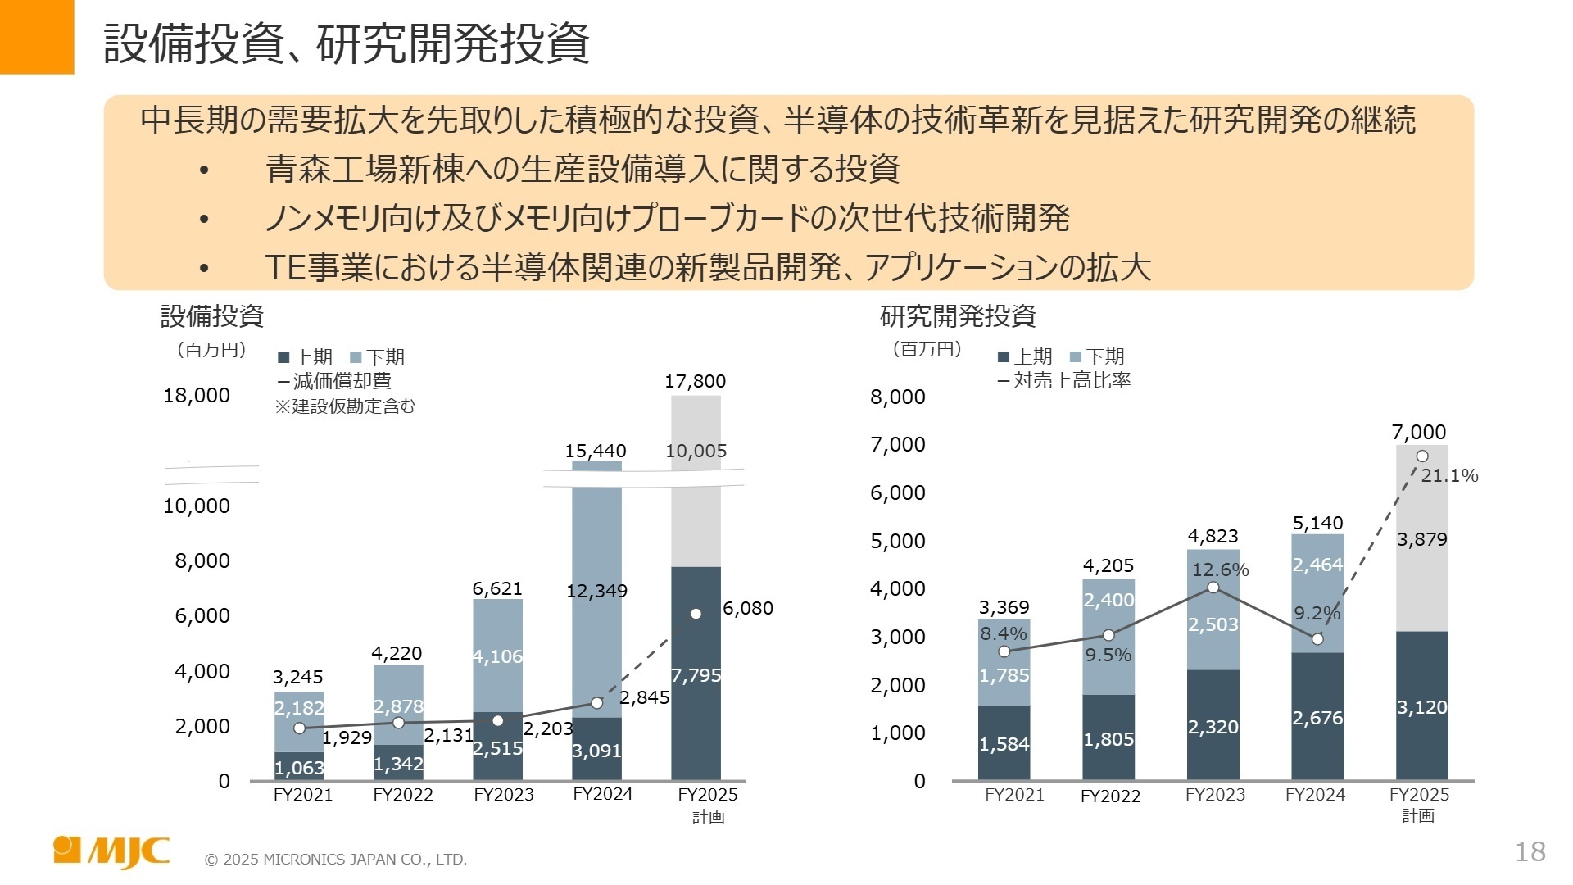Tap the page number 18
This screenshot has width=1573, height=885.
tap(1530, 852)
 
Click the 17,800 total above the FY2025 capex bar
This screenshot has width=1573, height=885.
tap(695, 381)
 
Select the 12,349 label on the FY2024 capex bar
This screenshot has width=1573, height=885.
tap(596, 591)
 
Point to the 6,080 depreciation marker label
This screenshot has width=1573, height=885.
tap(747, 608)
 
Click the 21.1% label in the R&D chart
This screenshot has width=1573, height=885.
tap(1448, 475)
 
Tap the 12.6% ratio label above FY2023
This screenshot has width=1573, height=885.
tap(1220, 570)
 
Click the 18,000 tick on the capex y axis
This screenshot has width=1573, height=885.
tap(197, 395)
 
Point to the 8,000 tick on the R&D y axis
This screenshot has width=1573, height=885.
tap(897, 397)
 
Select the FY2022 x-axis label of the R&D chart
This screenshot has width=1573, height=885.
tap(1110, 796)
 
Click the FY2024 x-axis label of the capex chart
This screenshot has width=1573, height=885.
tap(602, 794)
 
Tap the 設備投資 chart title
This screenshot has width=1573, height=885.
tap(211, 315)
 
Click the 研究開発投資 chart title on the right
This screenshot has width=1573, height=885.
tap(958, 315)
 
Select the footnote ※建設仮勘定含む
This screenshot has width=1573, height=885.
tap(345, 406)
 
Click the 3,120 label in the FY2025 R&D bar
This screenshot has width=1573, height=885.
tap(1421, 707)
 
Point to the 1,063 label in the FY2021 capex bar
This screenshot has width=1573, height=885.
tap(298, 768)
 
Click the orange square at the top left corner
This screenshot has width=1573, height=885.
tap(36, 36)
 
